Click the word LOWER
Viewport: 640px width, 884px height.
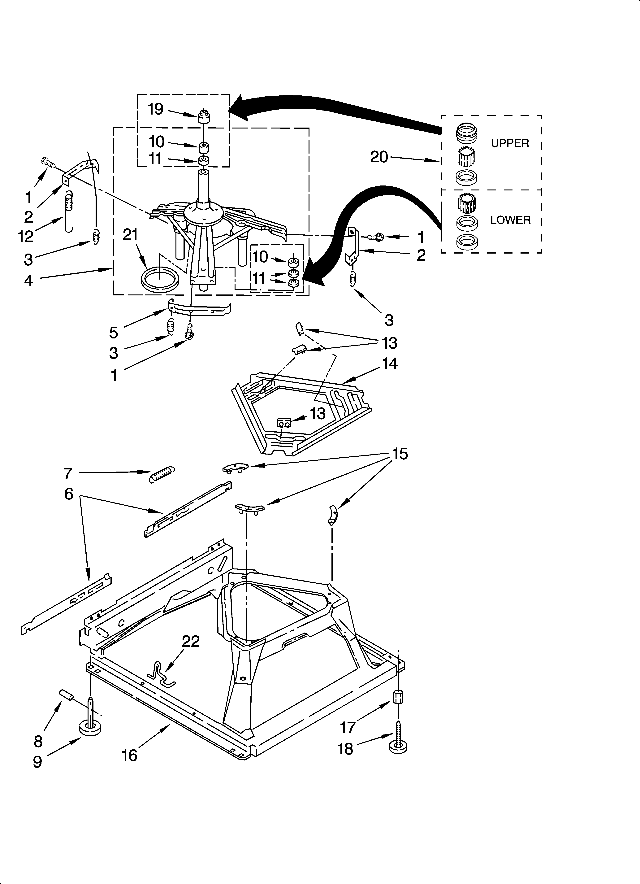click(510, 220)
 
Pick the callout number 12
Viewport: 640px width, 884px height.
click(26, 236)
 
